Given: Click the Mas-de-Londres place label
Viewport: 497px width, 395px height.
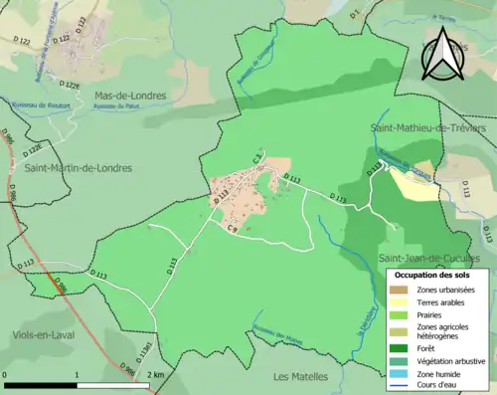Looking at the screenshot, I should pos(129,97).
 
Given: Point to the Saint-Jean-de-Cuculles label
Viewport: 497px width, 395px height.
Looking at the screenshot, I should pos(434,259).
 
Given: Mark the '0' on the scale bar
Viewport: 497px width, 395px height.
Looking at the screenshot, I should pos(7,375).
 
